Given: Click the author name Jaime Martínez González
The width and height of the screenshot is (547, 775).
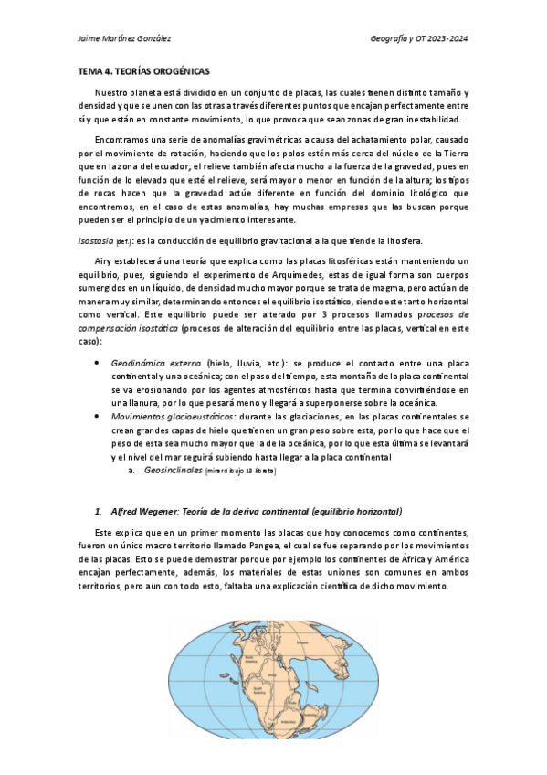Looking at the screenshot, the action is tap(125, 38).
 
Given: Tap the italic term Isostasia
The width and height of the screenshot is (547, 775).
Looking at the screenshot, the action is tap(94, 241).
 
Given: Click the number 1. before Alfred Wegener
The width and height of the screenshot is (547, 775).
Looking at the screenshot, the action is tap(98, 510).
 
